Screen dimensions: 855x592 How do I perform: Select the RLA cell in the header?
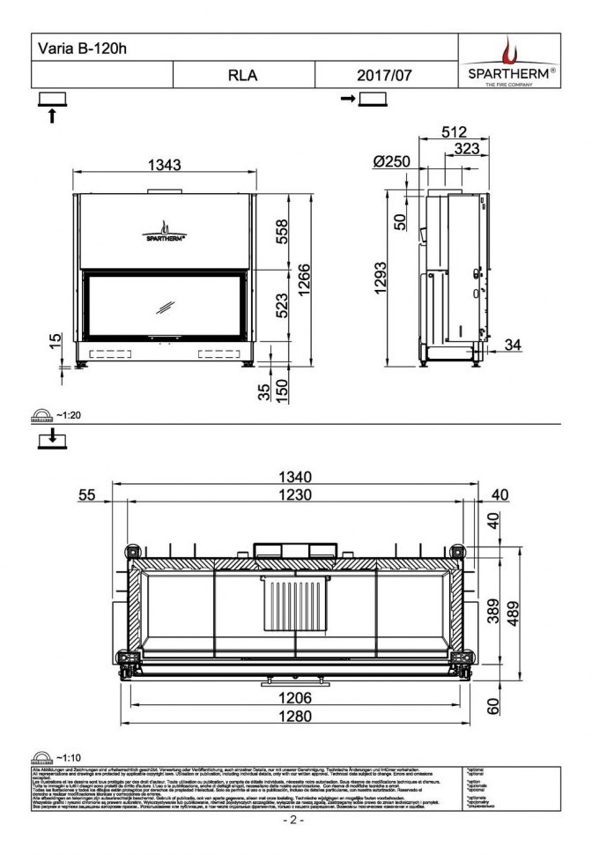coord(242,75)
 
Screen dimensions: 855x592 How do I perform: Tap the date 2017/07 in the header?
coord(384,75)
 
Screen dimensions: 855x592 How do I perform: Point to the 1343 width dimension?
coord(165,165)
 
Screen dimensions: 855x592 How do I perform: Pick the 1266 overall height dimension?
coord(304,280)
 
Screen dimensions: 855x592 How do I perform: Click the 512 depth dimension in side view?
coord(453,131)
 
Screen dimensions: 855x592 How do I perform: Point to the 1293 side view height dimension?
coord(381,279)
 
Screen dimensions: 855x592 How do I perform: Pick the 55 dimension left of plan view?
coord(86,495)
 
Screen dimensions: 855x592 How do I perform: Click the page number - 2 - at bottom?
coord(294,821)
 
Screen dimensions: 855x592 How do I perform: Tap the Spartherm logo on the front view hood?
coord(164,231)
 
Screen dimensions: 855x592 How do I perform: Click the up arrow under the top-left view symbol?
coord(52,115)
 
